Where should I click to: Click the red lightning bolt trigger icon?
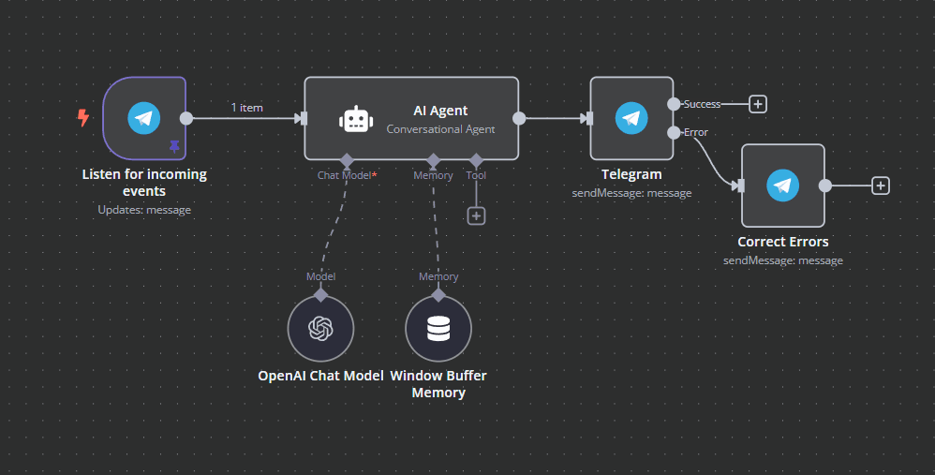point(83,118)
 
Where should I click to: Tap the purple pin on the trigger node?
point(173,146)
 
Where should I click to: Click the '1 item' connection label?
point(247,108)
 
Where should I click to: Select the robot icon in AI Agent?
point(356,119)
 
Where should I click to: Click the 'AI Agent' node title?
point(440,111)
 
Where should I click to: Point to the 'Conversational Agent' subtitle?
point(440,129)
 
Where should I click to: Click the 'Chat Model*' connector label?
point(347,175)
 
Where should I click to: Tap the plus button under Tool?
point(476,215)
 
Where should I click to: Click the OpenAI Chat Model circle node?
point(320,328)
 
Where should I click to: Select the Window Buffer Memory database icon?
point(438,328)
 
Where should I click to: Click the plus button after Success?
point(758,104)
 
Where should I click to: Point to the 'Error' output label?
point(696,132)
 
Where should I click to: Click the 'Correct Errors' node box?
point(782,186)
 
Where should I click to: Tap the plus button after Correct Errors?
point(880,186)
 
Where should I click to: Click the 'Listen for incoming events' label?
point(144,182)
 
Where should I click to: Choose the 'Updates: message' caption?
point(144,210)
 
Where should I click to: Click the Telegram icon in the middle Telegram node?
point(631,118)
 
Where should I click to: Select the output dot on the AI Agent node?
point(519,118)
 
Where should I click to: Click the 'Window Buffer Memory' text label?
point(438,384)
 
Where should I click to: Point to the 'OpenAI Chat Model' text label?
point(320,376)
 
